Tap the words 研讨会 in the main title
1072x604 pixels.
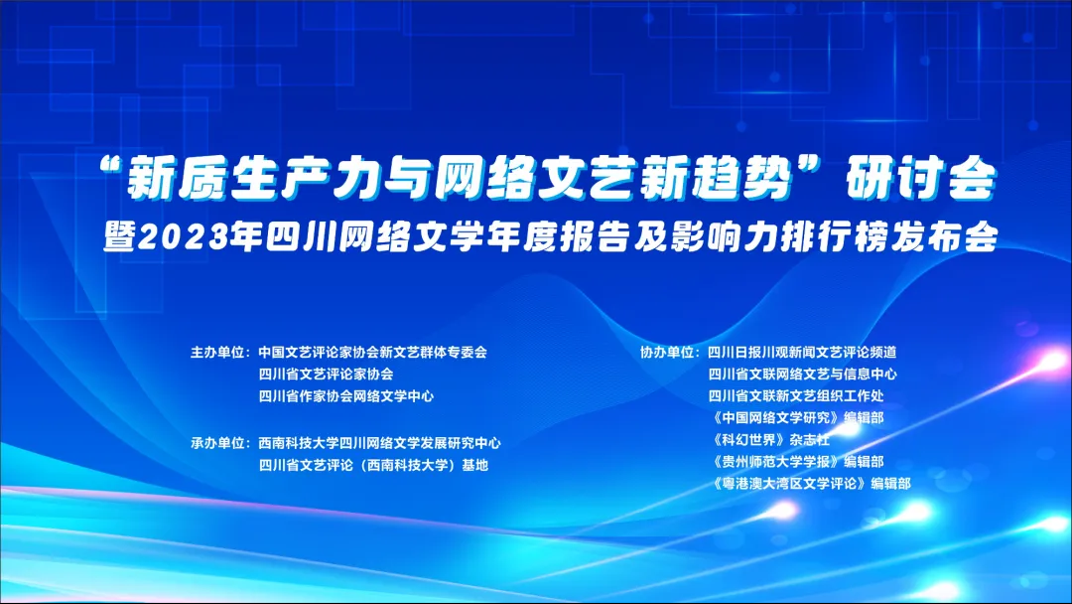(920, 179)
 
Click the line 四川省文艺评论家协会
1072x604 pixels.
(327, 375)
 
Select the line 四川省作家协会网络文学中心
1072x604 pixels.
(346, 396)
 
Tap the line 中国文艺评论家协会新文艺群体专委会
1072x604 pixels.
(372, 353)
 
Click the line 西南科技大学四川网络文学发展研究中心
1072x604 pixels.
(379, 443)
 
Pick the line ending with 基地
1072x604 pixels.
(373, 465)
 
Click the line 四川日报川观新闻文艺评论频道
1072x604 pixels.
(802, 353)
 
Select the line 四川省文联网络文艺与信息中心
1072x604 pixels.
(803, 375)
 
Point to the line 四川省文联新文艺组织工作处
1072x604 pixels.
(796, 396)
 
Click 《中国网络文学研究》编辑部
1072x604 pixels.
(797, 417)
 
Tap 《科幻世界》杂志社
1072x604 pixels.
(770, 439)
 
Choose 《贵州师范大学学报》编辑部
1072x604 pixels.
(797, 462)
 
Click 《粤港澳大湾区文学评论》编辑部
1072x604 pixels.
(811, 484)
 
